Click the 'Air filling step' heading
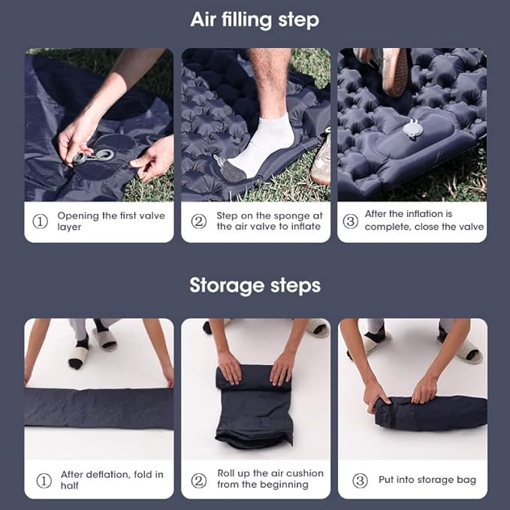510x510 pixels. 255,20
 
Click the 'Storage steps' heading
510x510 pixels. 255,285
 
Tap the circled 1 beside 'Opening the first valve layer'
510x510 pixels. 40,221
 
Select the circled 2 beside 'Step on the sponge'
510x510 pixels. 198,221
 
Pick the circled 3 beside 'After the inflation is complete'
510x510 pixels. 350,220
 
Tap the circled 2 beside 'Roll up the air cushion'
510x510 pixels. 199,479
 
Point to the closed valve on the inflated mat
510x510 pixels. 412,129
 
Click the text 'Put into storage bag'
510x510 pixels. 427,480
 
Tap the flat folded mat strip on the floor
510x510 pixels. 98,407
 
